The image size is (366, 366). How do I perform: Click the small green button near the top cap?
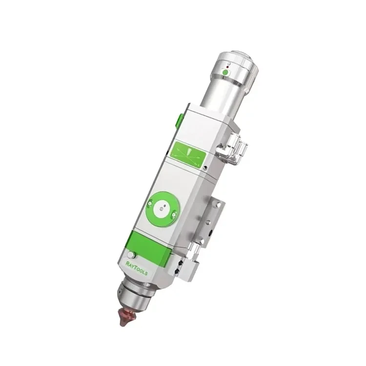[x=225, y=73]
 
